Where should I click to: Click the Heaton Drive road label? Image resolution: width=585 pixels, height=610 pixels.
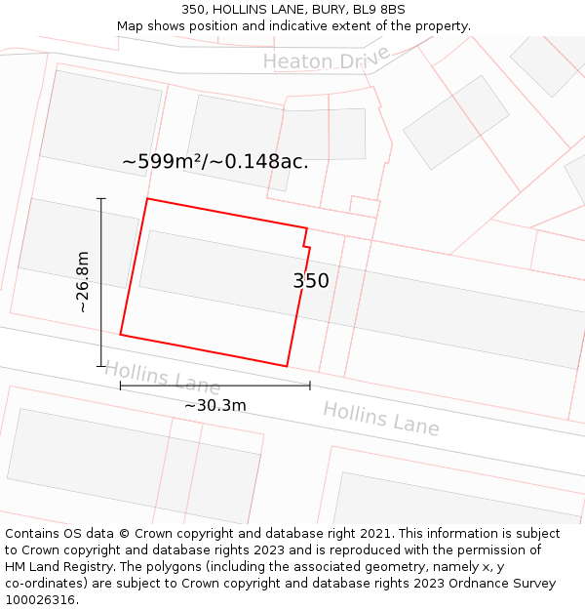(x=326, y=60)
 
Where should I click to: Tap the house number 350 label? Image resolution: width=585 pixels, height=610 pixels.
(x=311, y=281)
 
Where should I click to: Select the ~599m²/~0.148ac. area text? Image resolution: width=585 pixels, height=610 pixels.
(x=214, y=162)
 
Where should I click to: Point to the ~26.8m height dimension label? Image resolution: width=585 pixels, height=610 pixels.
(x=83, y=282)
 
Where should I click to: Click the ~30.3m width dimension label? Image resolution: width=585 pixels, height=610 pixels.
(x=214, y=405)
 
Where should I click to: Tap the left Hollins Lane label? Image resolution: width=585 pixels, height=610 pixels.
(x=162, y=378)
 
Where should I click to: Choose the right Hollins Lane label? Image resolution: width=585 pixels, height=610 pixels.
(x=380, y=419)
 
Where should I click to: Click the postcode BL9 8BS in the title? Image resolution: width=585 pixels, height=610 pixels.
(x=380, y=10)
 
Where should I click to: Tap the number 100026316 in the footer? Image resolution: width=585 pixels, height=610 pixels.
(x=41, y=599)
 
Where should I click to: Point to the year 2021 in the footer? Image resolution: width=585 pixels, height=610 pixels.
(x=371, y=534)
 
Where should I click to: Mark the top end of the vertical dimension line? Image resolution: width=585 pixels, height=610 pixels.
(x=101, y=198)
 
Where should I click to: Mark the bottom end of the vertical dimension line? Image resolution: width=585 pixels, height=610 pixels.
(x=101, y=366)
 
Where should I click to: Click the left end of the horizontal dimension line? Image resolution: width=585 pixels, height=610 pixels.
(x=121, y=386)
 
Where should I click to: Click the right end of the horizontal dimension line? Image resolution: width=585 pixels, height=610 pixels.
(x=310, y=386)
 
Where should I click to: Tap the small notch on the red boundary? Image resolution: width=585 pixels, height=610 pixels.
(x=306, y=240)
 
